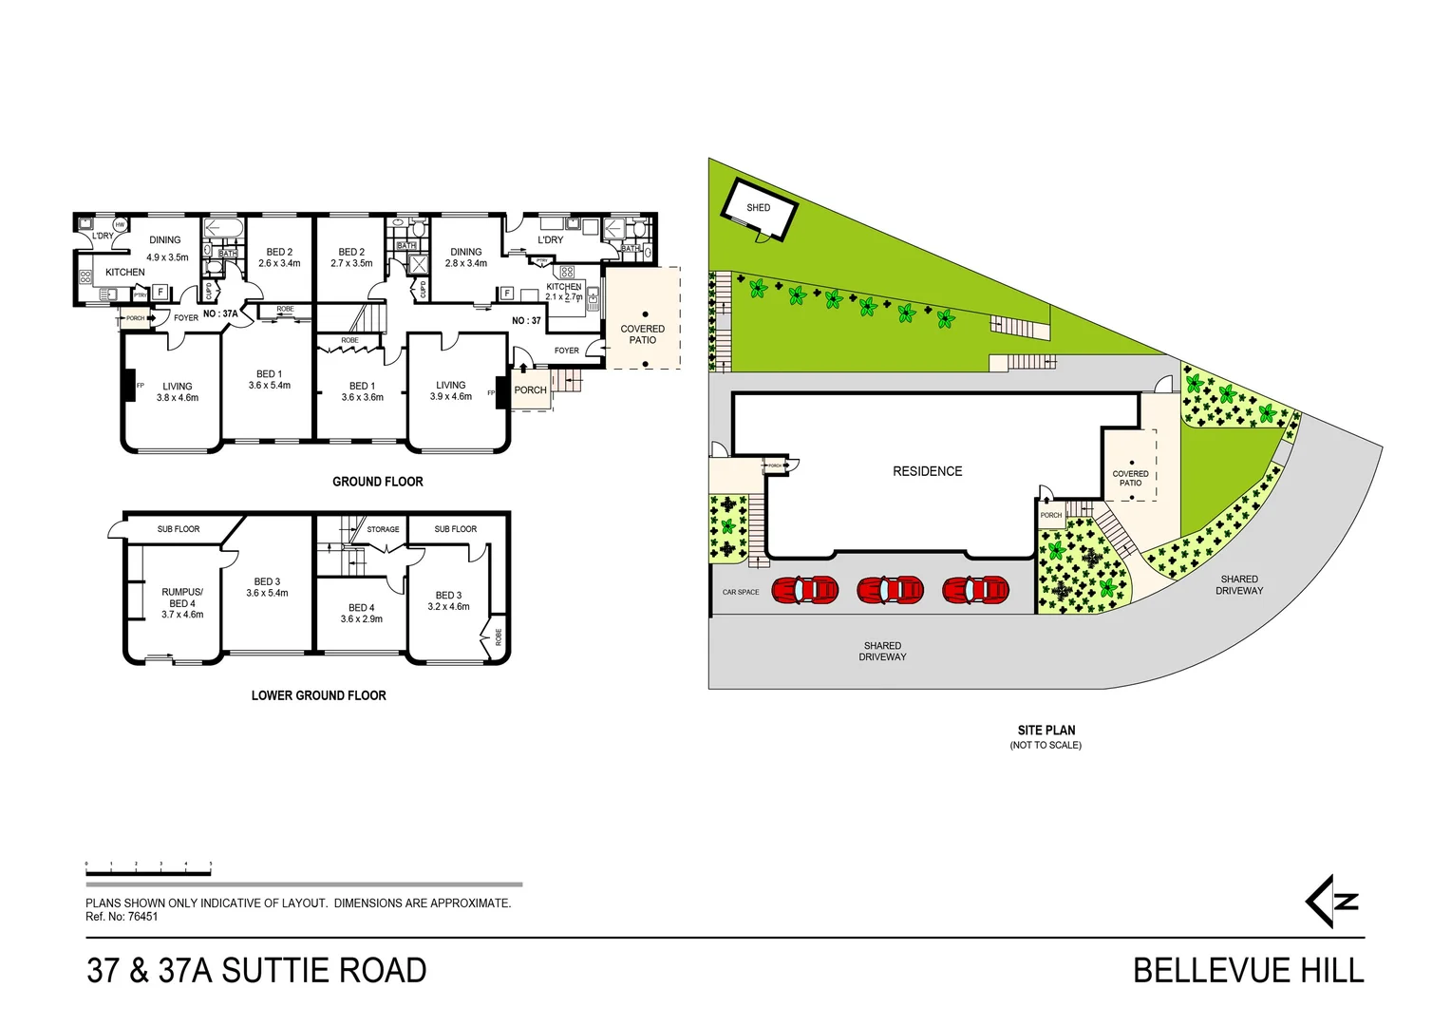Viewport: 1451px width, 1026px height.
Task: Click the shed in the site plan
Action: (758, 210)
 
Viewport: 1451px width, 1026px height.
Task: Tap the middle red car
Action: (890, 590)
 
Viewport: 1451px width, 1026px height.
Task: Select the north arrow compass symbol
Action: (1332, 902)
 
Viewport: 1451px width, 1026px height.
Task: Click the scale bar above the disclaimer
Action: (148, 869)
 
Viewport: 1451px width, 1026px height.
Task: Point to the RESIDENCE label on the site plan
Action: (927, 471)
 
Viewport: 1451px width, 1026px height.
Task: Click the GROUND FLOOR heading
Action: (377, 482)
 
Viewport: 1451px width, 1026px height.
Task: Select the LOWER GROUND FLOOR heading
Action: (318, 695)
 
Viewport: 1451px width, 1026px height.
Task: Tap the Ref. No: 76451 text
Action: (122, 917)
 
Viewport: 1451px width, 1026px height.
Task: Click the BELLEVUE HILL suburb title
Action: (1248, 971)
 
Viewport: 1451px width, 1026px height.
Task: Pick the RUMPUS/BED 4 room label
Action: (181, 603)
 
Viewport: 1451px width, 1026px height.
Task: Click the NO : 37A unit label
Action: (220, 313)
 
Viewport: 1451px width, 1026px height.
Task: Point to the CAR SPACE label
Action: (741, 592)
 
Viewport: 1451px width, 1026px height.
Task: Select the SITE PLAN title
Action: (1046, 731)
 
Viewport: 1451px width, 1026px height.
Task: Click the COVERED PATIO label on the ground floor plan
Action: (642, 334)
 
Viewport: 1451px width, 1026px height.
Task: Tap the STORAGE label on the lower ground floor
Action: (383, 529)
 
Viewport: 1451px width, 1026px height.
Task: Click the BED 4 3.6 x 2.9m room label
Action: (361, 613)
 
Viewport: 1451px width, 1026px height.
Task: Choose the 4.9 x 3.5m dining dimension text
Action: (167, 257)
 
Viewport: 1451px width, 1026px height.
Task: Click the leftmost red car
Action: (805, 590)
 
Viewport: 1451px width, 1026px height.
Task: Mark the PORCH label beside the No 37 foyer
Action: (530, 390)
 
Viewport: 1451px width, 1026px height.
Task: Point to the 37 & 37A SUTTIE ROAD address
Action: (256, 971)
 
